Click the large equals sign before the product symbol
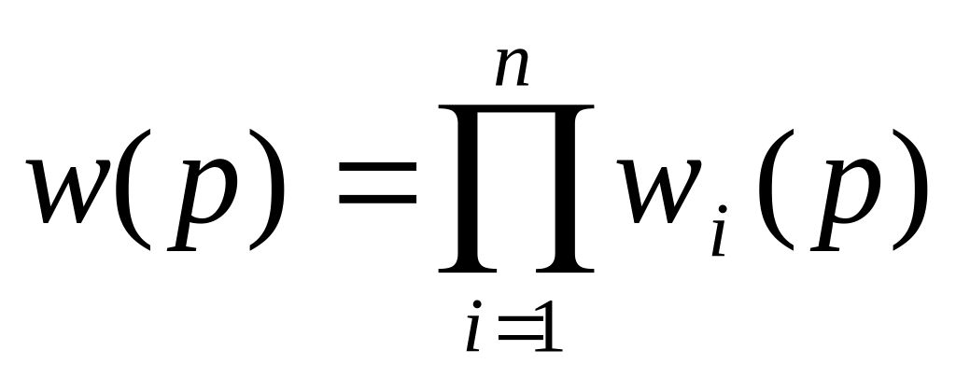coord(375,186)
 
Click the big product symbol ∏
coord(516,188)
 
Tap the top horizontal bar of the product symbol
coord(516,113)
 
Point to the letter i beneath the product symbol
coord(475,333)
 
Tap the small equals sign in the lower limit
coord(513,335)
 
